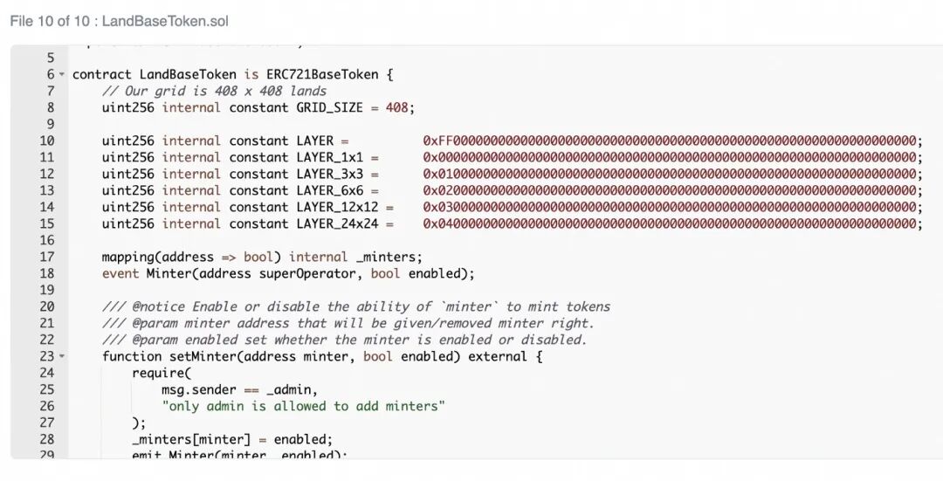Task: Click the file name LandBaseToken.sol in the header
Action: click(x=165, y=21)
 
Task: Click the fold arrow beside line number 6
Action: click(x=61, y=75)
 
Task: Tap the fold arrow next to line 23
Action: click(x=61, y=357)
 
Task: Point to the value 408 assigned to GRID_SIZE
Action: click(x=396, y=107)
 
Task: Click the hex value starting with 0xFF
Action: click(x=671, y=141)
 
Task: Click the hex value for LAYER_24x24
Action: click(x=671, y=223)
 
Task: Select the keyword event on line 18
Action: click(x=120, y=273)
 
